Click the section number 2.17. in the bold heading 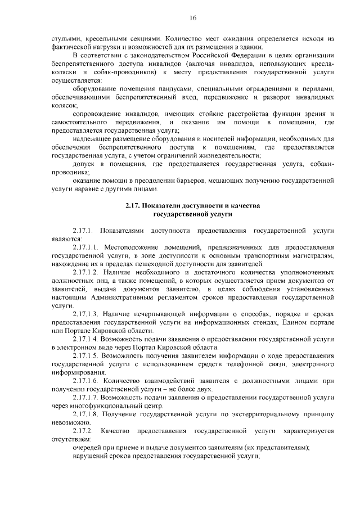[x=134, y=205]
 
